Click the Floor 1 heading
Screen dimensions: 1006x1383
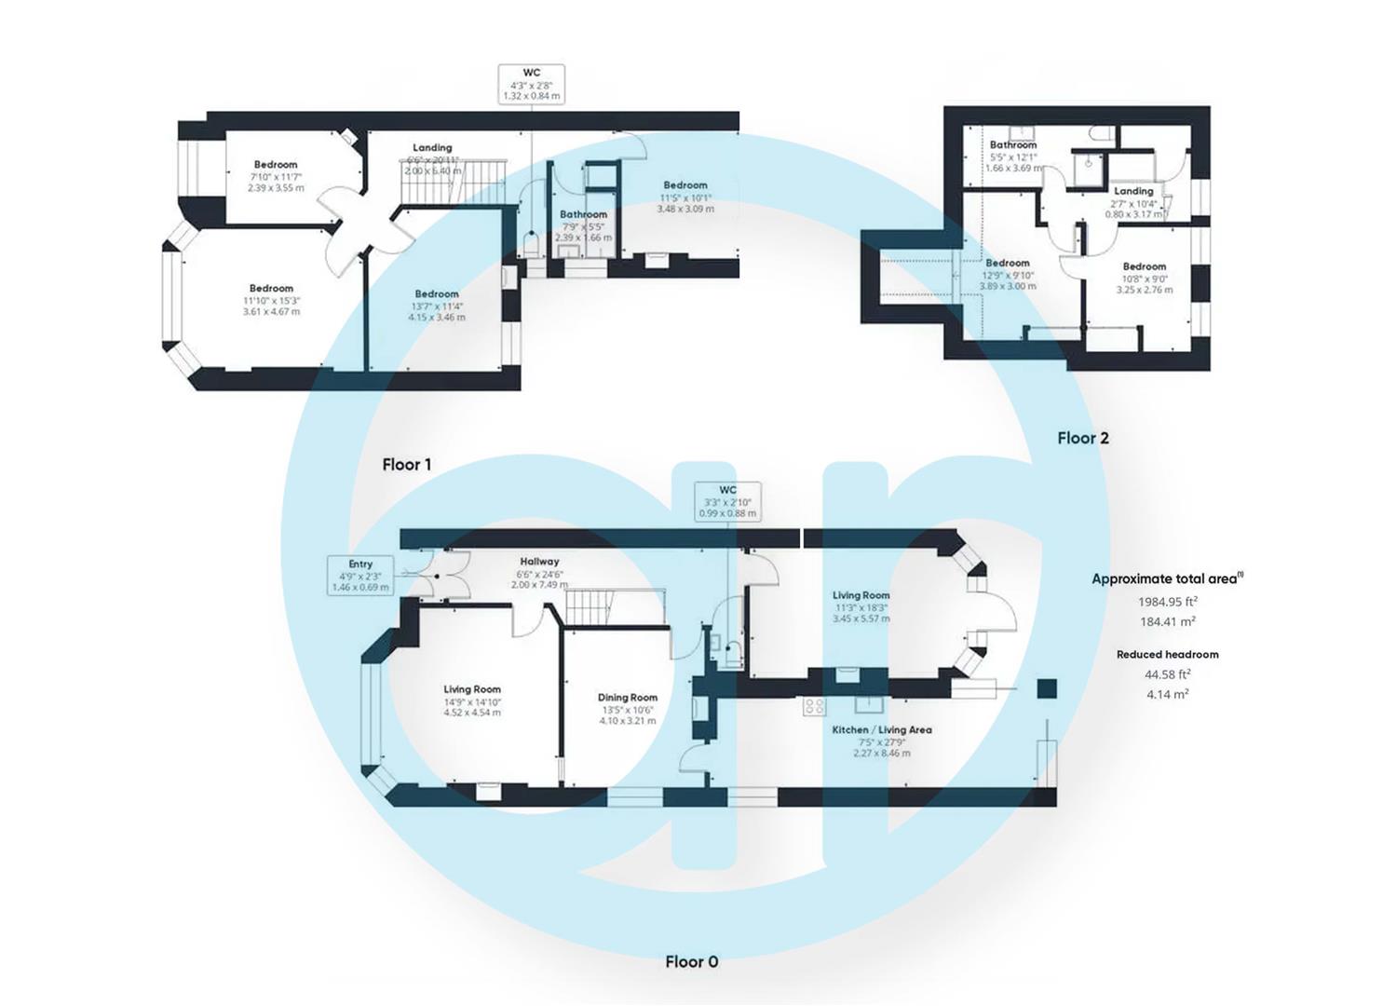[406, 464]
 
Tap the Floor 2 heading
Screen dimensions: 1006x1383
[1082, 438]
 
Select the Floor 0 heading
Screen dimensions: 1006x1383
[691, 961]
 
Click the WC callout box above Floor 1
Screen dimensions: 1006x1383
[531, 84]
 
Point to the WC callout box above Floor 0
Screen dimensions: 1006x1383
[727, 501]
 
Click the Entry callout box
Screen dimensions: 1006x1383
[360, 576]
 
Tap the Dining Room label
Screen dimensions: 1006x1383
[627, 698]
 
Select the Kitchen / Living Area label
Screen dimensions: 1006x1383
[881, 730]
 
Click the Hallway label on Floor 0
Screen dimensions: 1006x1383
[539, 562]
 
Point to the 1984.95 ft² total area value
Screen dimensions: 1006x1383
[1167, 602]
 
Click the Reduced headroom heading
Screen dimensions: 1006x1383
[1167, 655]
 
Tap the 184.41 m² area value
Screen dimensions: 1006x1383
[1167, 622]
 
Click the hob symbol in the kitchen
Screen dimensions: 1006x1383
[813, 706]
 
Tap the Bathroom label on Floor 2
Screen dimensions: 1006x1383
[1012, 145]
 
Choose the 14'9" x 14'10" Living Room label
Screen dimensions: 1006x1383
[471, 690]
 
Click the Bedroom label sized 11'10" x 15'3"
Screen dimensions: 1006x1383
[271, 289]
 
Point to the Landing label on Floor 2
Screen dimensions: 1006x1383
[1133, 191]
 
